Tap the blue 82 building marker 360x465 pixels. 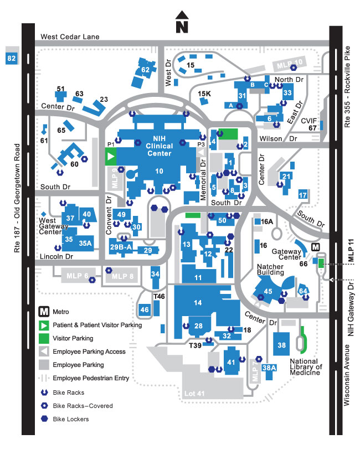click(x=11, y=58)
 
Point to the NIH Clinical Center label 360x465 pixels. click(x=159, y=146)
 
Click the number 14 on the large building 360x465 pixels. click(x=198, y=302)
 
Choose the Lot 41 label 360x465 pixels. click(x=194, y=394)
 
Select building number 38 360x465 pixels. click(x=281, y=345)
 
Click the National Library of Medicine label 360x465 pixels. click(x=306, y=367)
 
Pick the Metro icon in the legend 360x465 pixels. click(x=45, y=312)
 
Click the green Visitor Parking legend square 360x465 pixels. click(x=45, y=338)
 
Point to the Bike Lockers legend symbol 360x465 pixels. click(x=45, y=419)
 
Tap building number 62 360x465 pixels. click(x=145, y=70)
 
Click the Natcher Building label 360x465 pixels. click(x=270, y=270)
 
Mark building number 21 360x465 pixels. click(x=286, y=177)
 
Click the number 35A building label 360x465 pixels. click(x=85, y=243)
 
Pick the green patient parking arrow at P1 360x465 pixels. click(x=111, y=157)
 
